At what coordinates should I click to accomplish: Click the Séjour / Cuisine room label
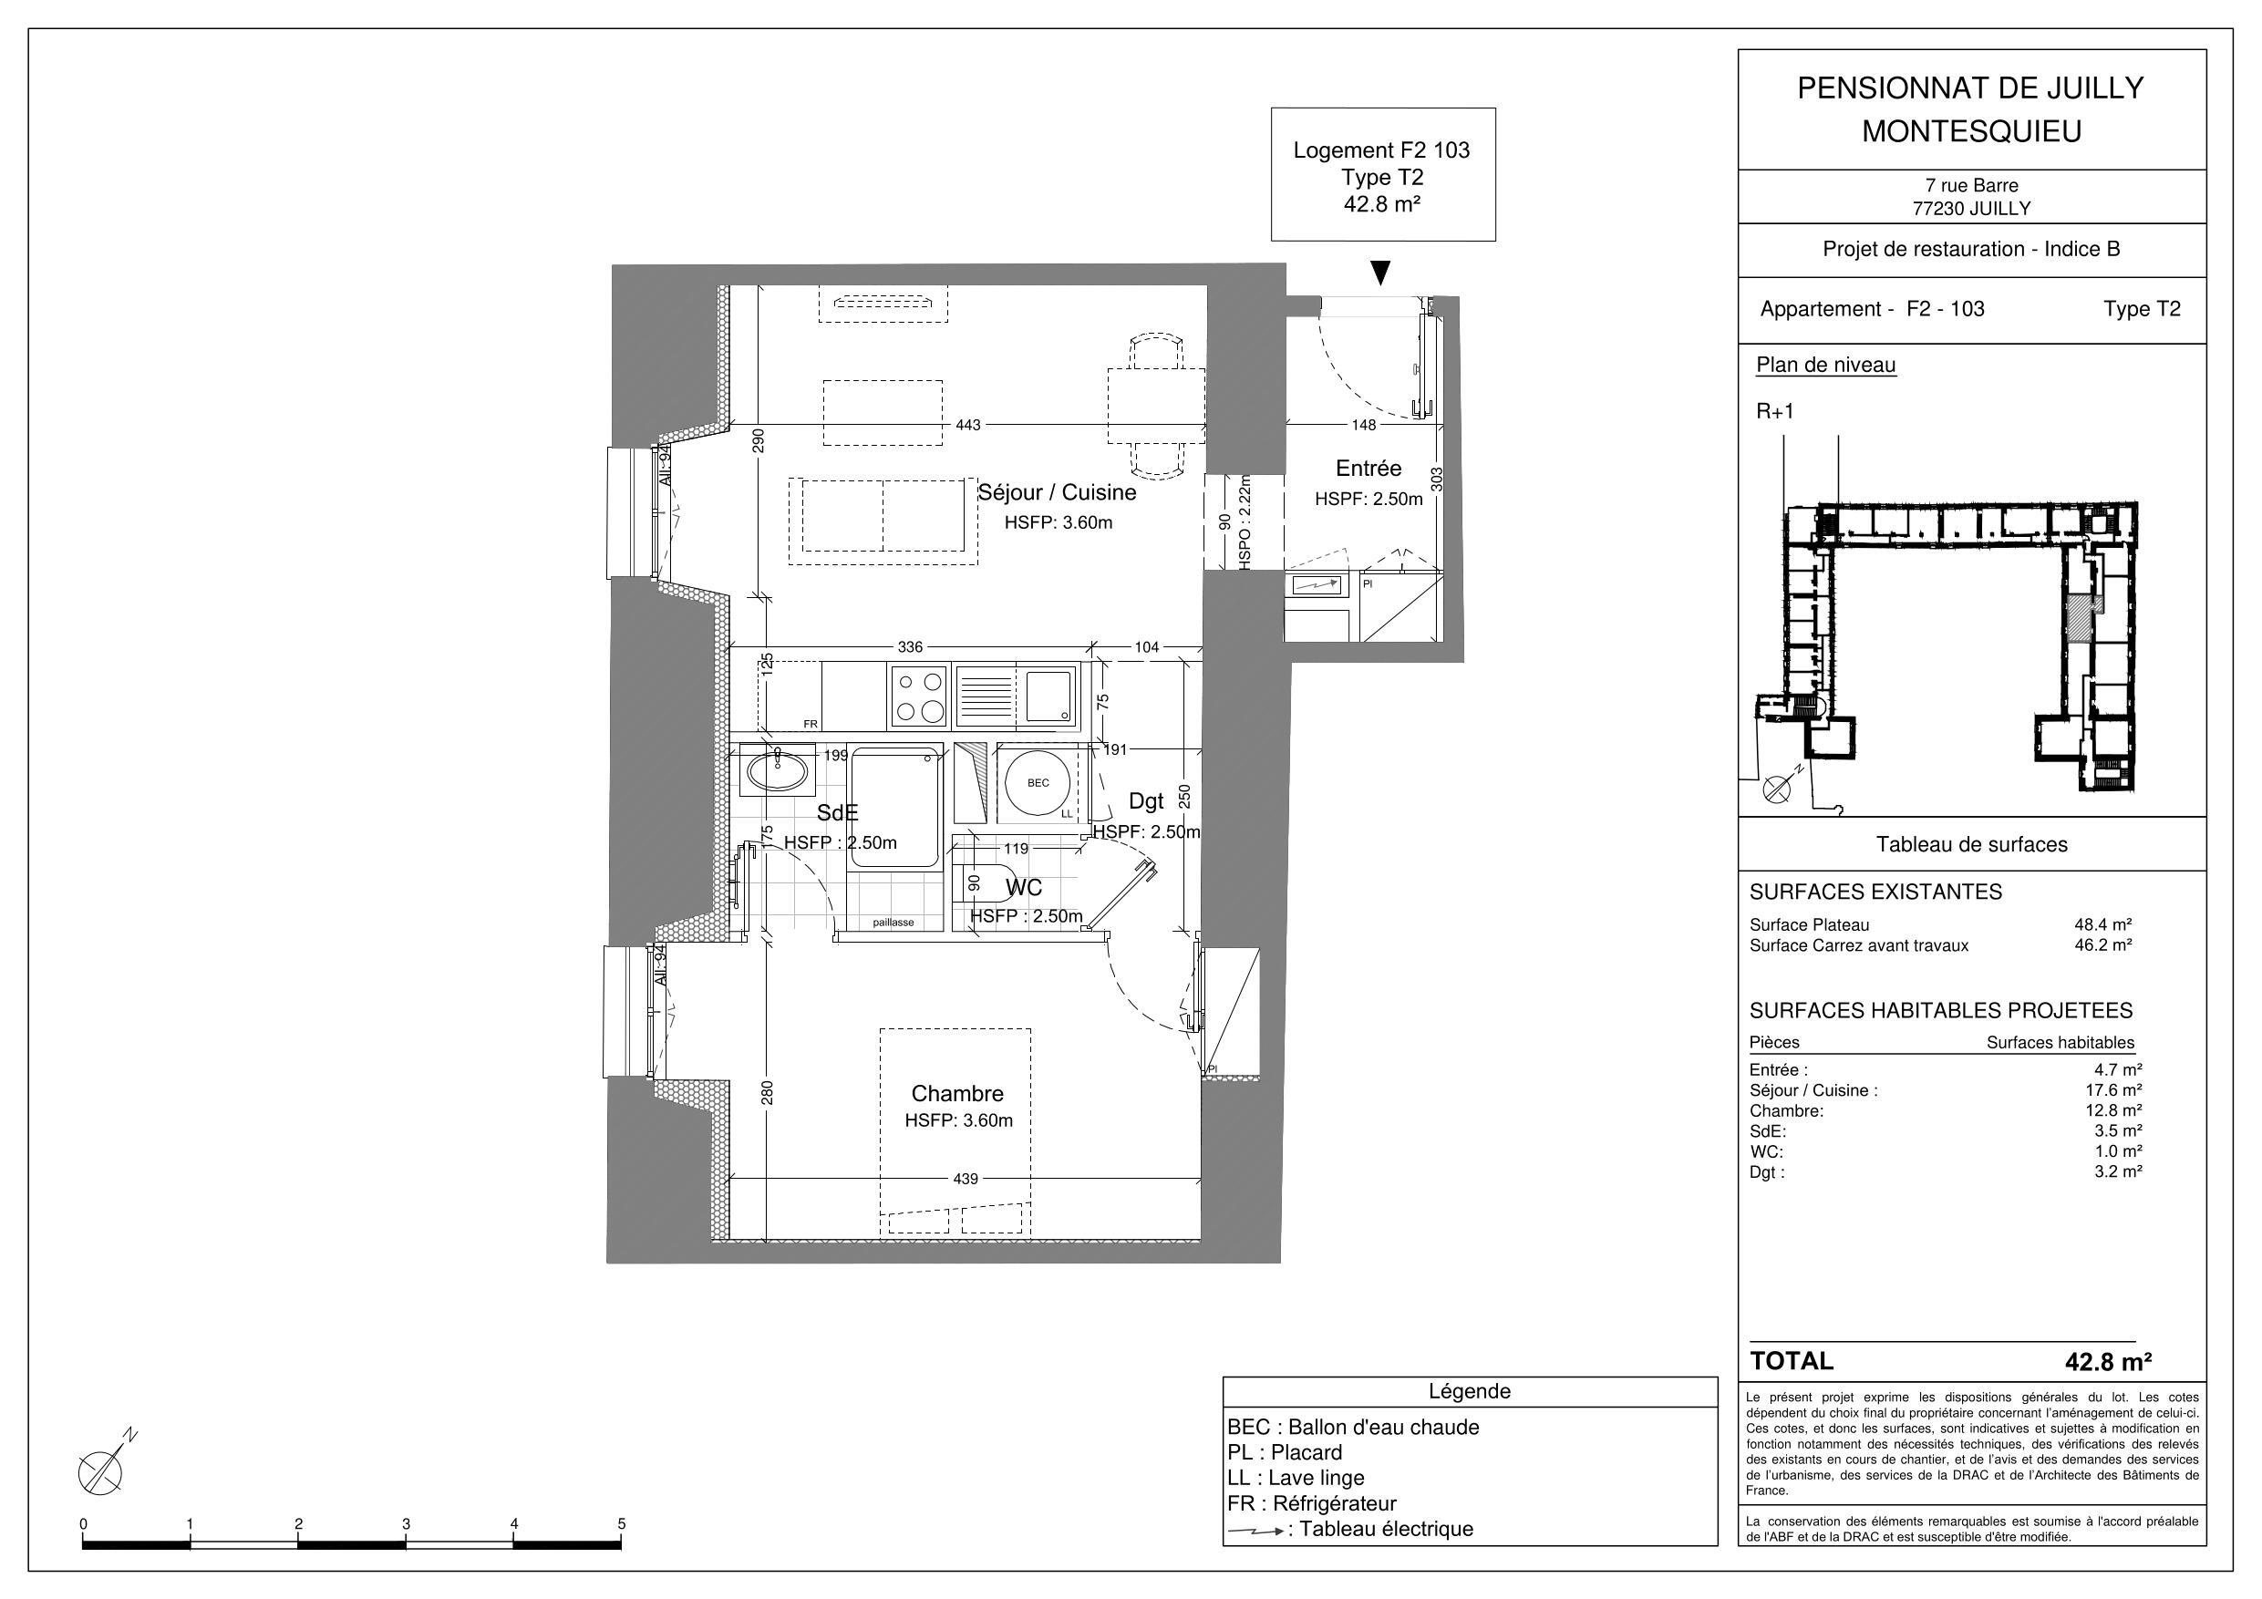(x=1056, y=492)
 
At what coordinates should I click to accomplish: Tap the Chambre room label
(x=956, y=1094)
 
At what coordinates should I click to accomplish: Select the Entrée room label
(x=1368, y=469)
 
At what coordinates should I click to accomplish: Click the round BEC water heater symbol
(x=1038, y=783)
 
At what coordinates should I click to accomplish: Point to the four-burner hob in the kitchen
(x=918, y=696)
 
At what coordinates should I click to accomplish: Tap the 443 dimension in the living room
(x=967, y=426)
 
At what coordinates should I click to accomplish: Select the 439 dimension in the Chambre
(x=966, y=1179)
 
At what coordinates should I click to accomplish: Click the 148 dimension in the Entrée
(x=1364, y=426)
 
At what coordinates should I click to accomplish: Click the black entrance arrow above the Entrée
(x=1381, y=273)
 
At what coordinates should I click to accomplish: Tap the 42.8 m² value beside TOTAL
(x=2107, y=1363)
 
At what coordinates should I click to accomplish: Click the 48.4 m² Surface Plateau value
(x=2102, y=925)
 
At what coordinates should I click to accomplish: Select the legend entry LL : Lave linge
(x=1296, y=1478)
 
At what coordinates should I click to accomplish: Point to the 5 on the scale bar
(x=621, y=1523)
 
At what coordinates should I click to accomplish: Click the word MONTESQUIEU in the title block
(x=1970, y=132)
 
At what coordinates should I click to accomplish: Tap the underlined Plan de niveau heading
(x=1824, y=366)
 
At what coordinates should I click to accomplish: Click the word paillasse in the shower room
(x=893, y=923)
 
